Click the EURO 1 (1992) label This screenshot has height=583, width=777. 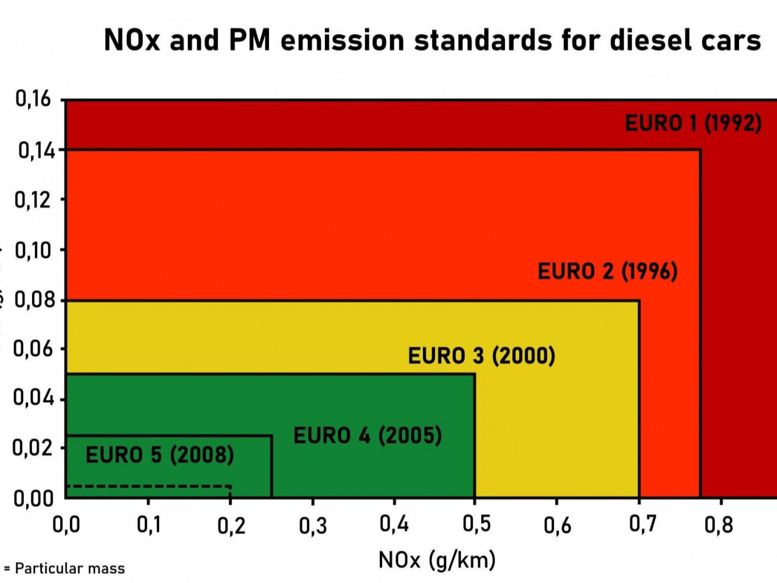point(693,123)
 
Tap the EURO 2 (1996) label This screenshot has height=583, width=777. point(607,271)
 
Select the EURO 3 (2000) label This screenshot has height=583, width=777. point(481,355)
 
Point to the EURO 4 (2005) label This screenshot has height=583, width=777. point(367,435)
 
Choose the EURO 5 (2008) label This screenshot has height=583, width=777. point(160,455)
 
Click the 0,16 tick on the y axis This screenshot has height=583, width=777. point(33,99)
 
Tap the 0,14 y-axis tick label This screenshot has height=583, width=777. point(36,151)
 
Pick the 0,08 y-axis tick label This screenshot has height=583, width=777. point(34,300)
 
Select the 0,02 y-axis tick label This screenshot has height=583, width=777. point(33,448)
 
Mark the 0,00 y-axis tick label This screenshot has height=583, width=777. point(33,498)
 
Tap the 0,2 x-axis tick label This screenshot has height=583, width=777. point(231,526)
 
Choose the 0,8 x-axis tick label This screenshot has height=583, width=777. point(719,525)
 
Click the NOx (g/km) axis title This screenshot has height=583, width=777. point(437,560)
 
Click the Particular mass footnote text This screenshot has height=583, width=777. point(69,568)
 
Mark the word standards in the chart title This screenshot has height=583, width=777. point(483,40)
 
